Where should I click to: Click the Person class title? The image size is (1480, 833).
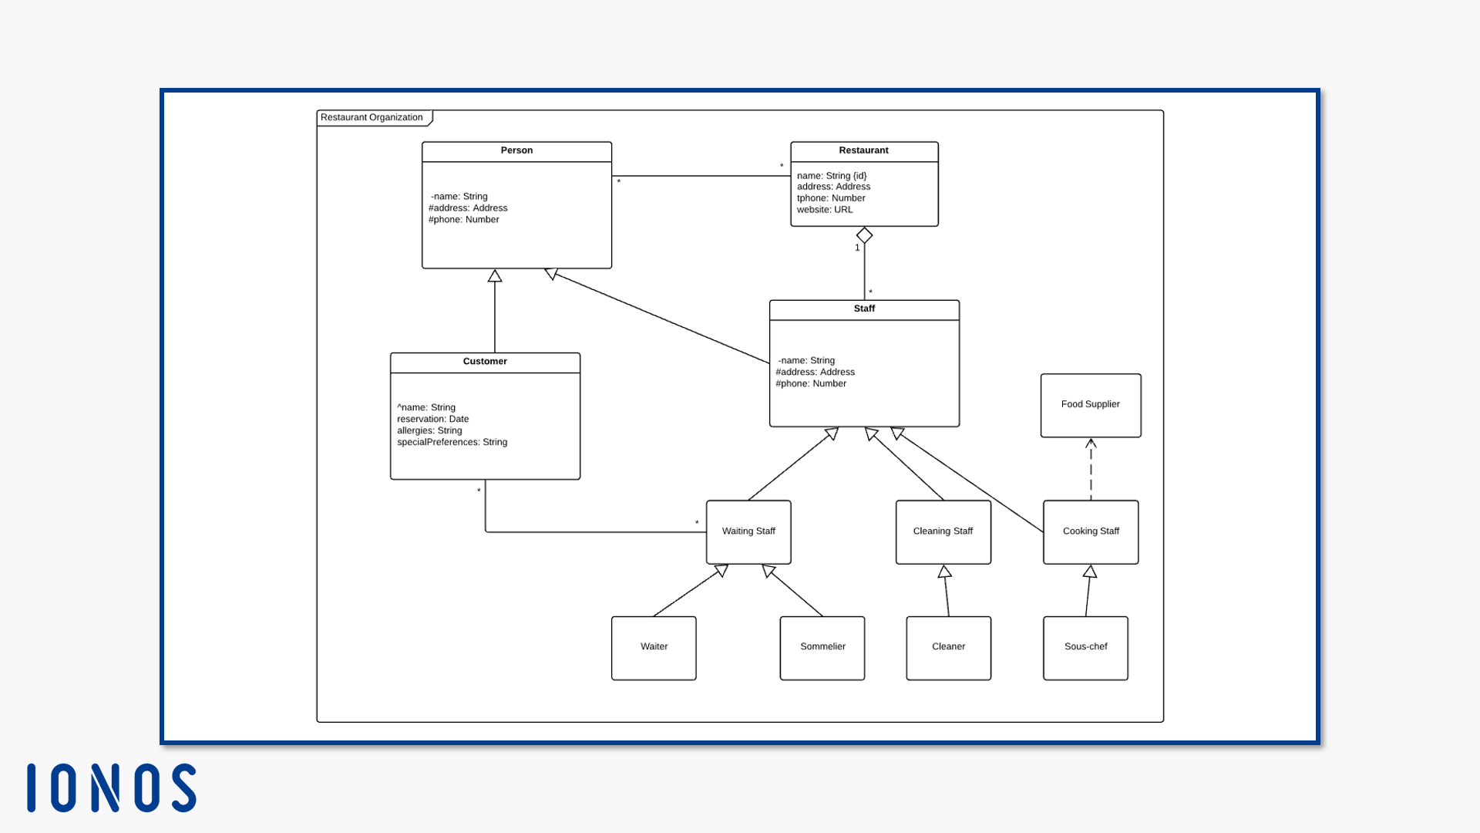coord(516,150)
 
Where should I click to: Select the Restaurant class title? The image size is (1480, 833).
coord(863,150)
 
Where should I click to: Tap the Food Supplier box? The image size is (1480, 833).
coord(1090,405)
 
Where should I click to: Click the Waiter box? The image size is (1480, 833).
coord(654,647)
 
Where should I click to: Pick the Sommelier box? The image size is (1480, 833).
coord(822,647)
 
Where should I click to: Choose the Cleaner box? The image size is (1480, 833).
coord(948,647)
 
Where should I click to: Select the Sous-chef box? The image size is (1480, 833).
coord(1085,647)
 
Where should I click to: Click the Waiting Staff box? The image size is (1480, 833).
coord(748,531)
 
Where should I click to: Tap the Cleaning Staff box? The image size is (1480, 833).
coord(943,531)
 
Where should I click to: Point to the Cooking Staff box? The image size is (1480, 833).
coord(1091,531)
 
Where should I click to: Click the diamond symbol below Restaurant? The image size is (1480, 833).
coord(864,235)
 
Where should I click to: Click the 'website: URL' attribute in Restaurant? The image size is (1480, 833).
coord(825,210)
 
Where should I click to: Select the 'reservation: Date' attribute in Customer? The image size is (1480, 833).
coord(432,419)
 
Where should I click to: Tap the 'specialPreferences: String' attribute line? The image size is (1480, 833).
coord(452,442)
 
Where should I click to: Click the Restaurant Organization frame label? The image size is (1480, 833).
coord(372,117)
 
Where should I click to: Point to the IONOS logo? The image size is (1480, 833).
coord(112,787)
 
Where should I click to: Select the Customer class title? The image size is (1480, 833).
coord(485,362)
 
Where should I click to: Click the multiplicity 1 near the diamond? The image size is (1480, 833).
coord(857,248)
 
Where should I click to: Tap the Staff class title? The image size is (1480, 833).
coord(864,309)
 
